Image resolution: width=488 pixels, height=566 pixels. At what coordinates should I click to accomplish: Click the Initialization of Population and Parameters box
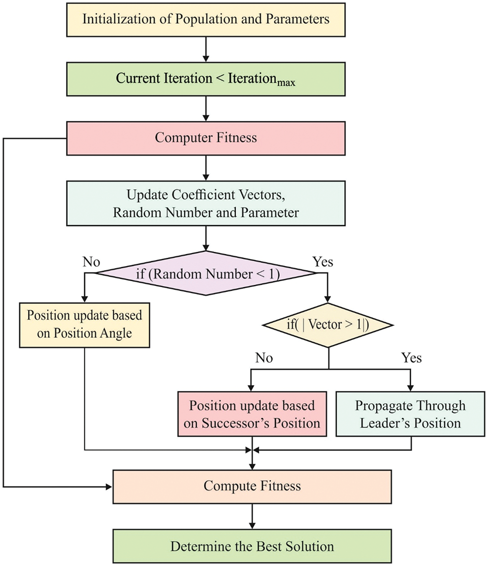(205, 19)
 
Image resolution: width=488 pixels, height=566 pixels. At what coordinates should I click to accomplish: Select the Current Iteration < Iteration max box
(205, 78)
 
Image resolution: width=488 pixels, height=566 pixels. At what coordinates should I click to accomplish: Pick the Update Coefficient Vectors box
(205, 203)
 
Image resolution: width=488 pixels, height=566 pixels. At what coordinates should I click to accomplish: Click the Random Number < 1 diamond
(205, 273)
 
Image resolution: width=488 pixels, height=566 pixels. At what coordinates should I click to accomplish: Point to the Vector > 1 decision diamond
(328, 325)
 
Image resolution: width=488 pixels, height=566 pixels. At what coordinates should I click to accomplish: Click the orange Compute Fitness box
(252, 486)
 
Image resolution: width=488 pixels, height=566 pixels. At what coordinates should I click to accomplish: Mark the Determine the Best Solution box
(252, 545)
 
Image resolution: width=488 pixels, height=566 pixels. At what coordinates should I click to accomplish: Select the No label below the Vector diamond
(264, 357)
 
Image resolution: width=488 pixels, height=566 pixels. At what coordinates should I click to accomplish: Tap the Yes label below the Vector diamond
(412, 357)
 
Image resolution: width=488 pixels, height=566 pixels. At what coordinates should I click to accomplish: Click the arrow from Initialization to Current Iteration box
(205, 48)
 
